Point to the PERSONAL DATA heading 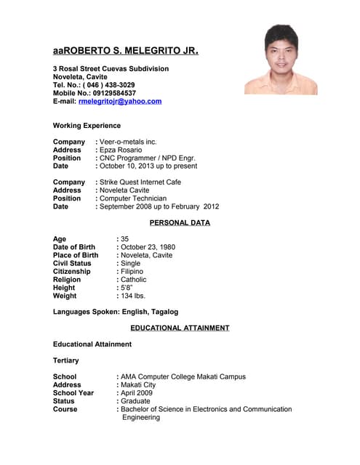pos(180,223)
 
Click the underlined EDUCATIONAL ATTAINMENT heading pos(180,328)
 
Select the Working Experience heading pos(87,126)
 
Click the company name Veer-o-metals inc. pos(128,142)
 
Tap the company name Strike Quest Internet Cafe pos(140,182)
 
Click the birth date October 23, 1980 pos(148,247)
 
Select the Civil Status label pos(72,264)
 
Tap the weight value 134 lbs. pos(133,296)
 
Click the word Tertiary pos(66,360)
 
